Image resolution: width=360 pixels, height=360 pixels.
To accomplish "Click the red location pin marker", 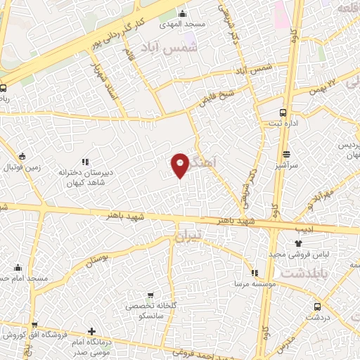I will pos(180,165).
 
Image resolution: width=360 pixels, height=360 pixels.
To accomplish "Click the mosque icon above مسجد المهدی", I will pos(184,13).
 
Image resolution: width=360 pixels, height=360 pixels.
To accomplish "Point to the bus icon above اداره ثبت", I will pos(283,112).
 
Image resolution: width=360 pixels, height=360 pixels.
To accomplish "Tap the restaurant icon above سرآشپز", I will pos(286,155).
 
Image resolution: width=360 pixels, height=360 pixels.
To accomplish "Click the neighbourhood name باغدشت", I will pos(302,271).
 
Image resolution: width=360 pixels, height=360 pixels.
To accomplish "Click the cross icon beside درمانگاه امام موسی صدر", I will pos(92,331).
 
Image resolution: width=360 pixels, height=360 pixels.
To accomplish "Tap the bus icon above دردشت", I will pos(317,307).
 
